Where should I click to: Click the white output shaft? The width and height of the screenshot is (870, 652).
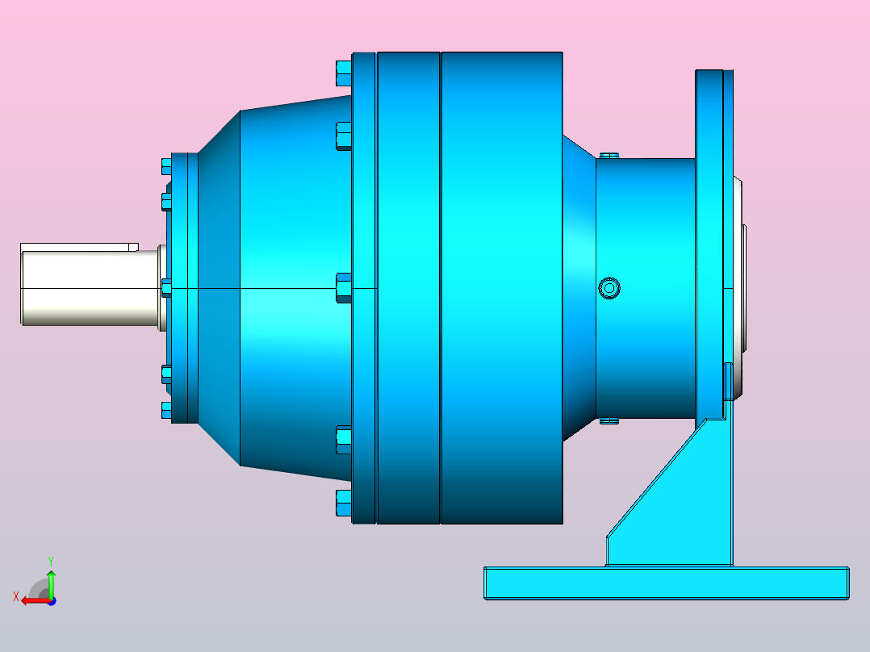(x=91, y=287)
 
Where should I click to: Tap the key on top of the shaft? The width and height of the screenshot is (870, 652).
(x=79, y=247)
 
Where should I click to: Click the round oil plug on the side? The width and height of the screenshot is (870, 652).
(x=609, y=288)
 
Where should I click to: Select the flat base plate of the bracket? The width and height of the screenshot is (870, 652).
(x=667, y=583)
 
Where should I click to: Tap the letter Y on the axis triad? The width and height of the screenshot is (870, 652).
(x=51, y=561)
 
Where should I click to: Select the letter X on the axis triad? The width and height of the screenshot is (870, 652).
(x=16, y=596)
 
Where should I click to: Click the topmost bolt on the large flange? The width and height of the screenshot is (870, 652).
(x=344, y=73)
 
